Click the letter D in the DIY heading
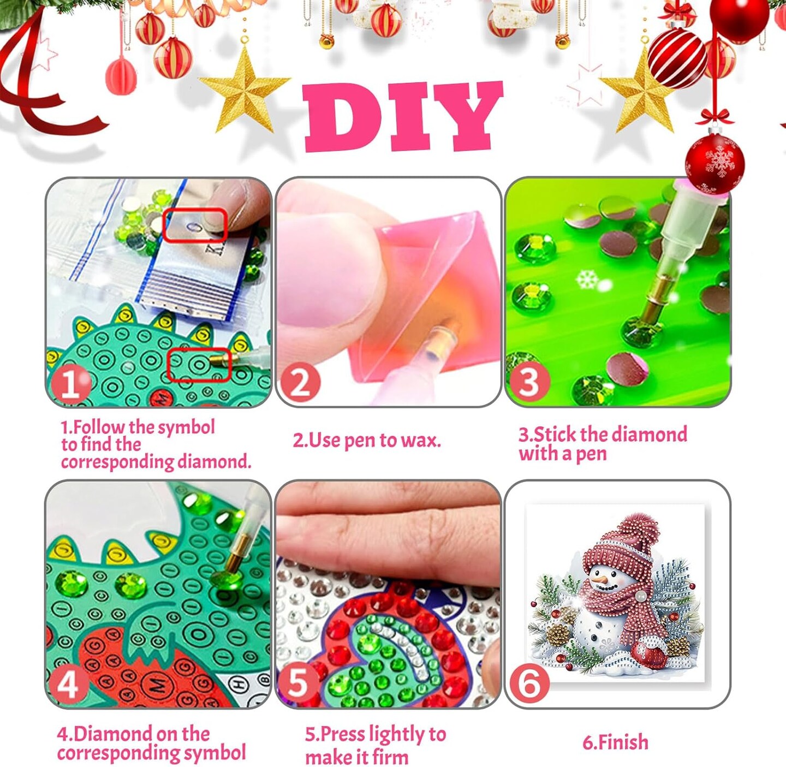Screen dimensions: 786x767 [343, 117]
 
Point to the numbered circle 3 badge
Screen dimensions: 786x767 [529, 382]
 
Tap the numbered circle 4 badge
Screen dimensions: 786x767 [68, 684]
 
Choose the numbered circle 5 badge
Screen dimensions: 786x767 [299, 682]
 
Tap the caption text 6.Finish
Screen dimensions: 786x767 [616, 742]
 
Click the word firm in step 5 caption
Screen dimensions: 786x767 [391, 757]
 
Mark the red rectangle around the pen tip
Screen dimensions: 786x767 [199, 365]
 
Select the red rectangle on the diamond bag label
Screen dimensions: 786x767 [195, 225]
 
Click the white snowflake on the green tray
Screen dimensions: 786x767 [587, 280]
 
